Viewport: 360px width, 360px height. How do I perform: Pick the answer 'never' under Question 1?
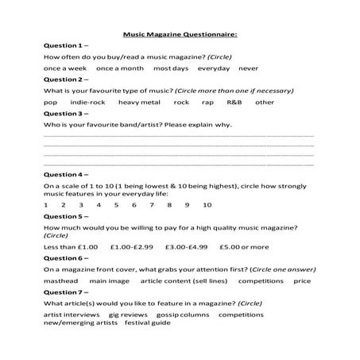tap(248, 68)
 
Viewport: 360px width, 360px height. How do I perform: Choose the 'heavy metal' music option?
tap(139, 103)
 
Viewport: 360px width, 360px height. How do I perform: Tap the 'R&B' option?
tap(234, 103)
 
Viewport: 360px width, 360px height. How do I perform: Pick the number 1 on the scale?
tap(46, 206)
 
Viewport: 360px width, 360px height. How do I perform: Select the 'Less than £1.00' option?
tap(71, 246)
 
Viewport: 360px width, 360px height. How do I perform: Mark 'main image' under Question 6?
tap(109, 281)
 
